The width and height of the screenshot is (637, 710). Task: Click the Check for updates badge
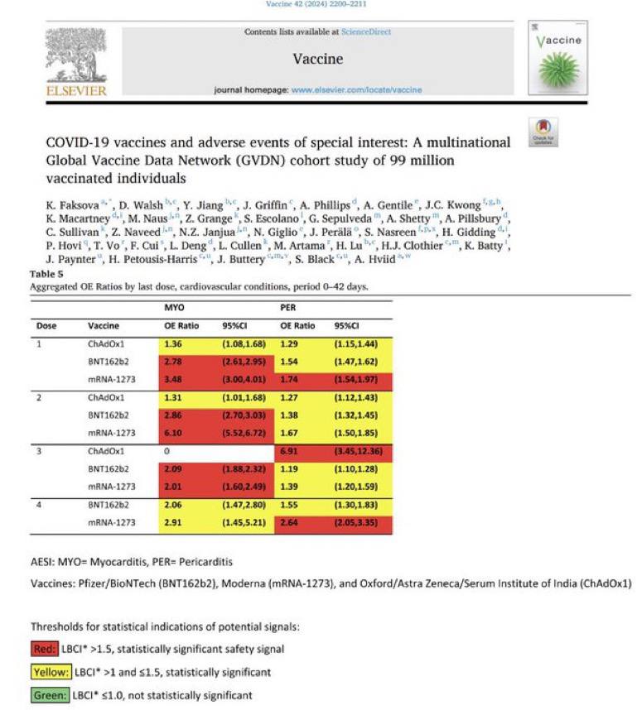(x=543, y=132)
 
